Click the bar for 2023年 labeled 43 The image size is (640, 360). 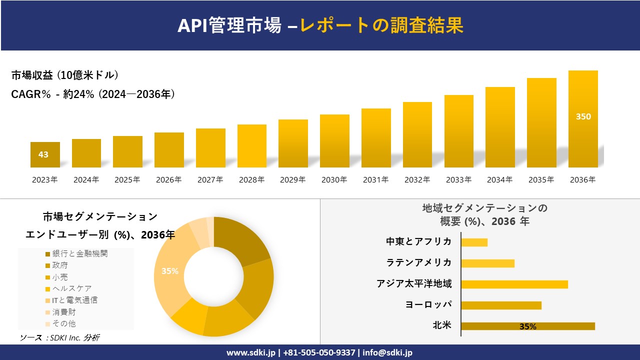[x=45, y=154]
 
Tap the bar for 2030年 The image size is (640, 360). [x=334, y=141]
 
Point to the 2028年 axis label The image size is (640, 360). [x=251, y=180]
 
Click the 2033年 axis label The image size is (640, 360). [x=458, y=180]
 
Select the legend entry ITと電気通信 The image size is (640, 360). [x=74, y=300]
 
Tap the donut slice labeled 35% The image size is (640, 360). [x=169, y=271]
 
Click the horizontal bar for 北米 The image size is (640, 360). [x=527, y=326]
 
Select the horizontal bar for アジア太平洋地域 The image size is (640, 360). [x=514, y=284]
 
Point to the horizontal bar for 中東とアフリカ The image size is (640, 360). [x=474, y=242]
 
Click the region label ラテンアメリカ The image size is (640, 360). [x=419, y=262]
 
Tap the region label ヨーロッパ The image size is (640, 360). [x=428, y=304]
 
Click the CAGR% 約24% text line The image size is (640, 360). [x=93, y=94]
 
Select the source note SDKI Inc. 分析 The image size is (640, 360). [x=60, y=338]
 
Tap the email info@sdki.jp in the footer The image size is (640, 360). [x=387, y=352]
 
